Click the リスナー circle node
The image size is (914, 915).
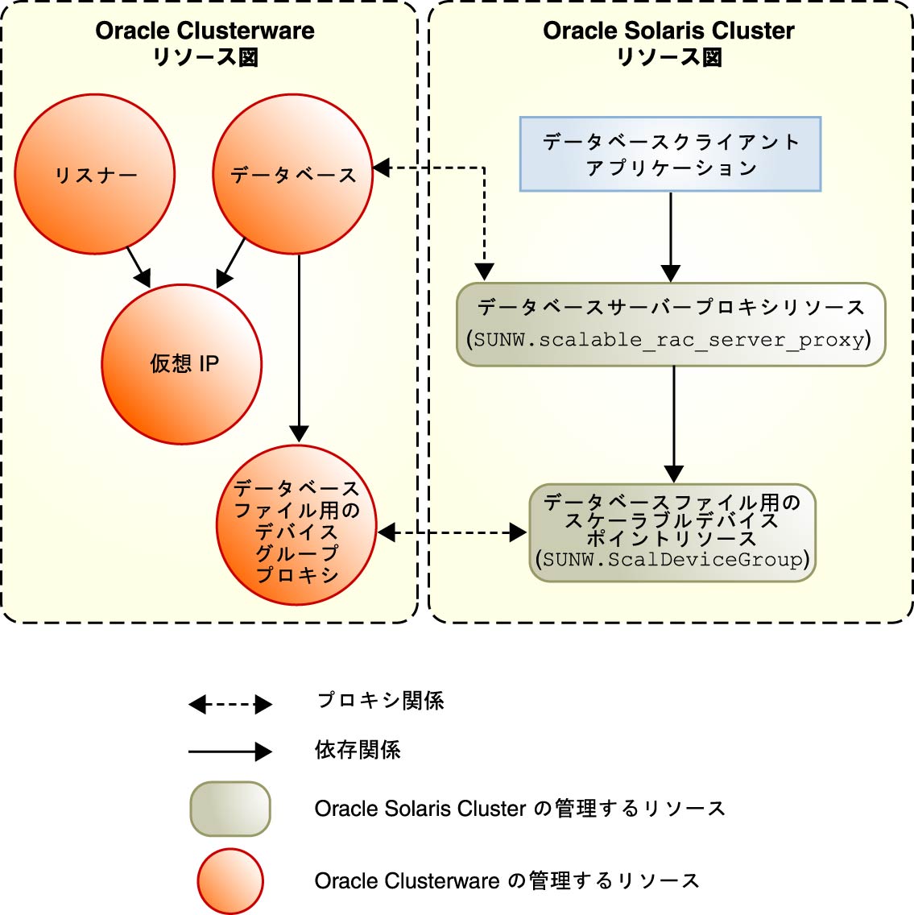95,175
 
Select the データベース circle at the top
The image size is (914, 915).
292,175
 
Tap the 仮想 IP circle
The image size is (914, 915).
182,364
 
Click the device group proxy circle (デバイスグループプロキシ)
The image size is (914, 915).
296,526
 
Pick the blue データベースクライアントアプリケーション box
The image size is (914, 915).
670,154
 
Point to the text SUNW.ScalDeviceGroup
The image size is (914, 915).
672,560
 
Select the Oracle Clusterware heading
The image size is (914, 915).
205,31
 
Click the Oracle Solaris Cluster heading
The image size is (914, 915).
668,31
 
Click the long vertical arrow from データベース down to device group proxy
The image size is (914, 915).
299,346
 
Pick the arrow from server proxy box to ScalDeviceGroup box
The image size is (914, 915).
674,423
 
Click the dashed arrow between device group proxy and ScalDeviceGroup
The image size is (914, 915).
452,532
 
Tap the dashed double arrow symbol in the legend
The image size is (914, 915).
230,705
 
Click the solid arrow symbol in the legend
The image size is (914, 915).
230,752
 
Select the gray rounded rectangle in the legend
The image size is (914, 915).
230,809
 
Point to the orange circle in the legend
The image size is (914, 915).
230,881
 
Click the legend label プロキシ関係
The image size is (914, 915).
380,701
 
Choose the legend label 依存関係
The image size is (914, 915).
358,751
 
